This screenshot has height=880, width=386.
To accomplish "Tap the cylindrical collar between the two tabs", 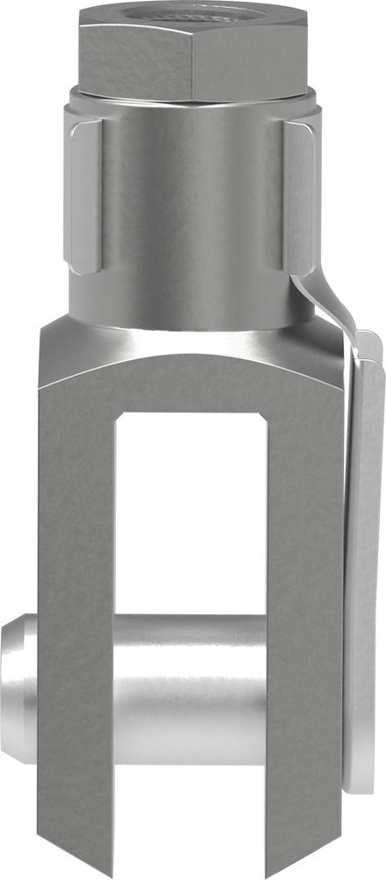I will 193,202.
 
